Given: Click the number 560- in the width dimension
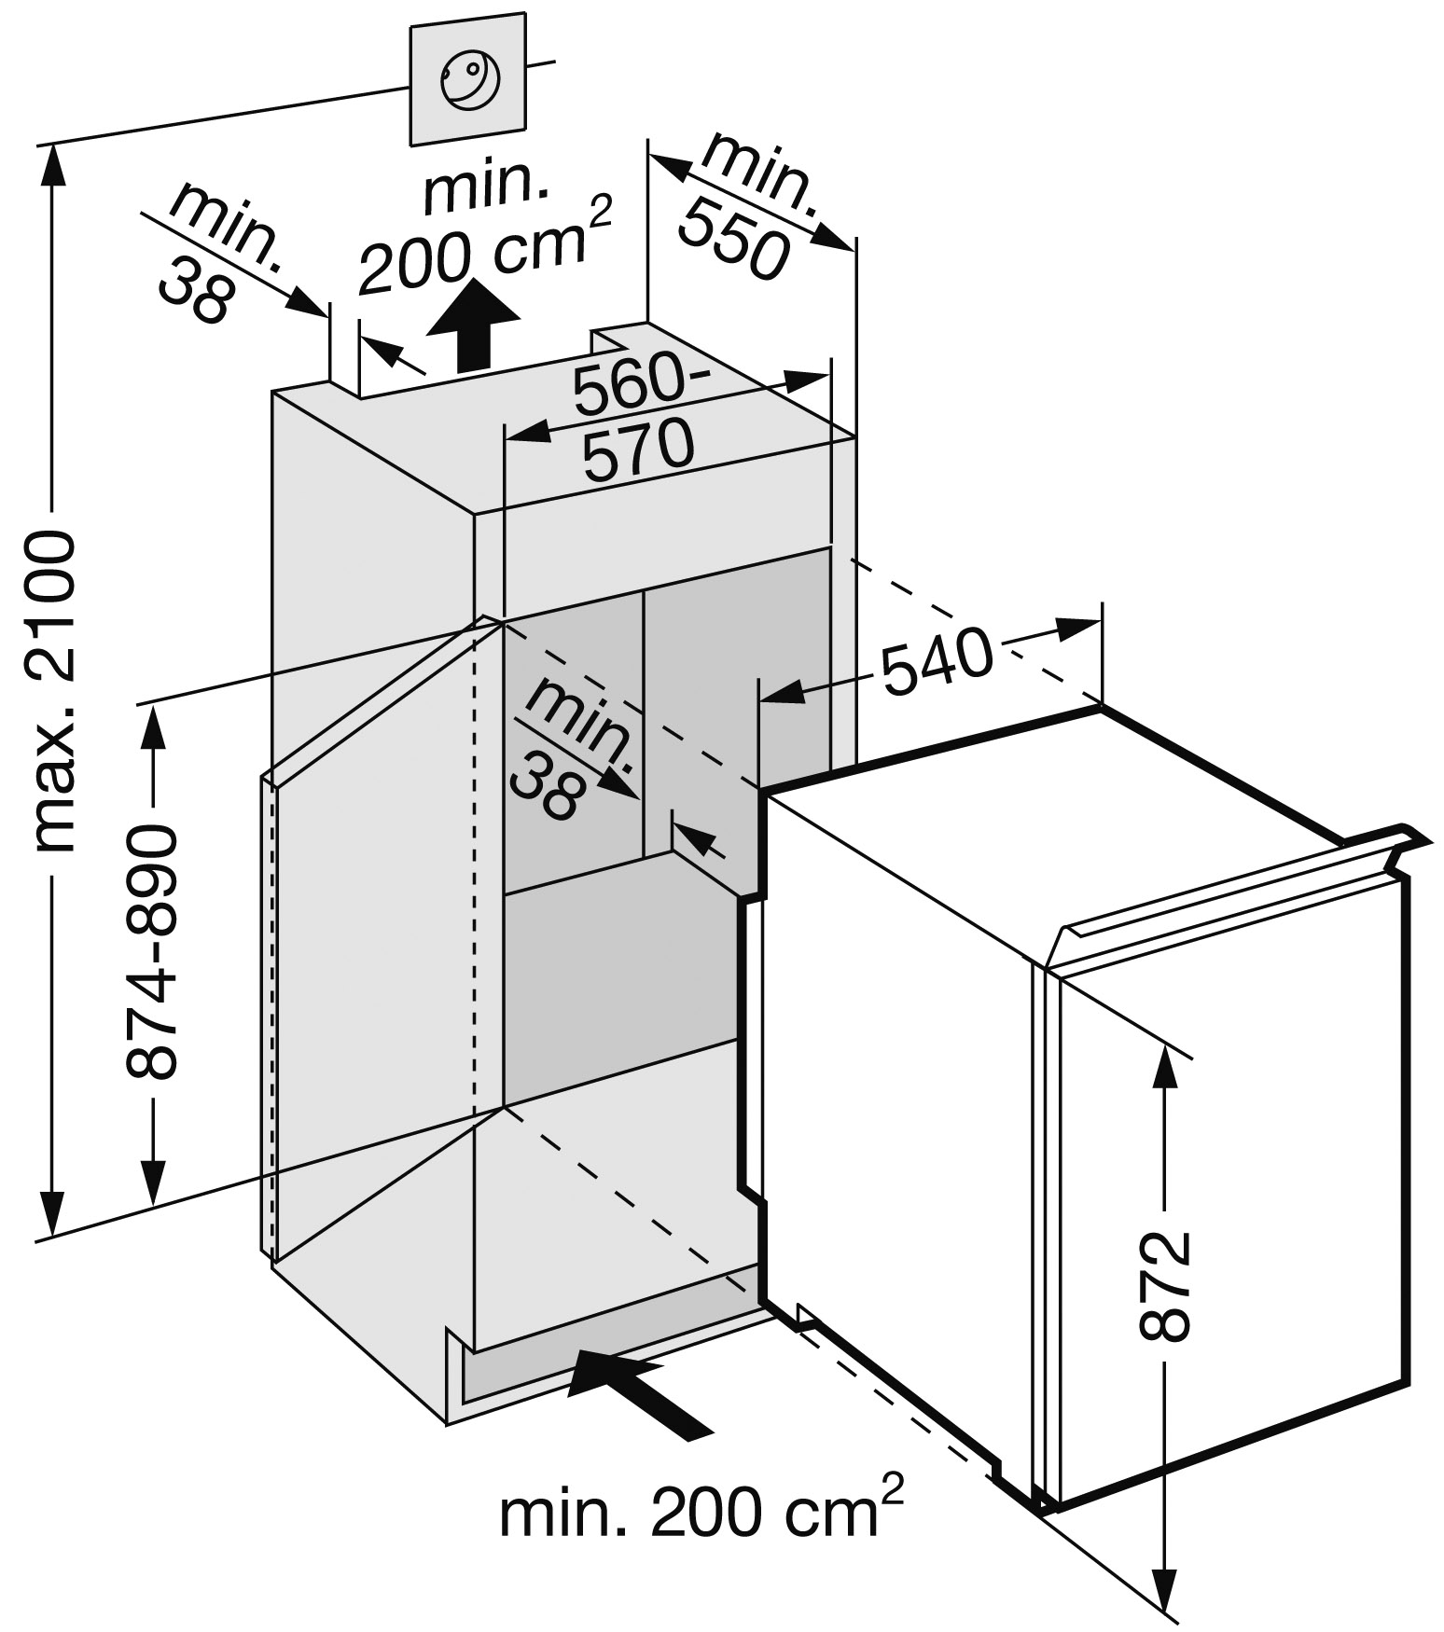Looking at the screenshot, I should click(640, 386).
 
